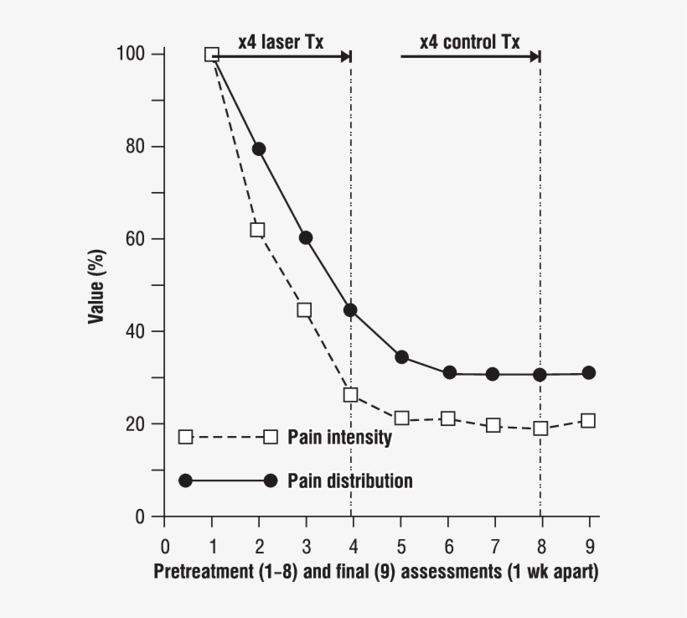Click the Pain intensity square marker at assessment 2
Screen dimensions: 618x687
pyautogui.click(x=257, y=230)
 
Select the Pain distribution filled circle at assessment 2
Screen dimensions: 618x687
pyautogui.click(x=259, y=149)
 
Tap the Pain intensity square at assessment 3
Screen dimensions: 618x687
pyautogui.click(x=304, y=310)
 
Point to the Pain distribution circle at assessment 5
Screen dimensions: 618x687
pyautogui.click(x=401, y=357)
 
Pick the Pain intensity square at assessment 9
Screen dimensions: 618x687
pyautogui.click(x=588, y=421)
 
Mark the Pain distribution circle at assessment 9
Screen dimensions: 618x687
pyautogui.click(x=588, y=372)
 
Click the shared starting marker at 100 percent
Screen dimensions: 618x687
pyautogui.click(x=212, y=55)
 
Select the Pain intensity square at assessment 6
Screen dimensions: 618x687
pyautogui.click(x=448, y=418)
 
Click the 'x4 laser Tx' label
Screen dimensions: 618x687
pyautogui.click(x=281, y=41)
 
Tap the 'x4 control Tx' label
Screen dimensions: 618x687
pyautogui.click(x=470, y=41)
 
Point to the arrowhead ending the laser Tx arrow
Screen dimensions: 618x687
pyautogui.click(x=345, y=56)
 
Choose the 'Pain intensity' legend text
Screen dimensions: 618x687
pyautogui.click(x=339, y=437)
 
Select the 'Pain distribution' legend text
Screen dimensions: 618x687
pyautogui.click(x=350, y=480)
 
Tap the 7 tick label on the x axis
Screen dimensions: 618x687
pyautogui.click(x=494, y=545)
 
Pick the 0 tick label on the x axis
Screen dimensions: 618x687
pyautogui.click(x=165, y=545)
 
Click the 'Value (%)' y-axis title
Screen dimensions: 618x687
pyautogui.click(x=97, y=285)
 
